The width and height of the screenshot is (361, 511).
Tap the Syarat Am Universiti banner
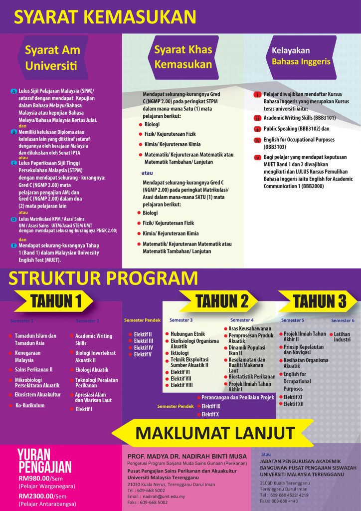tap(52, 57)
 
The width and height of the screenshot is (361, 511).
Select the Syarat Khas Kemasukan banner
tap(183, 57)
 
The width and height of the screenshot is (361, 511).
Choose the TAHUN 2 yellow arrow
tap(222, 301)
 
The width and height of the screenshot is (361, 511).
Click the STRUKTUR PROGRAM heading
tap(103, 278)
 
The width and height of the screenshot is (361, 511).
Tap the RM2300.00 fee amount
tap(37, 496)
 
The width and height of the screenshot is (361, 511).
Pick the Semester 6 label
tap(343, 320)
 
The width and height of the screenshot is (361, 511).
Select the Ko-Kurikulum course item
tap(30, 405)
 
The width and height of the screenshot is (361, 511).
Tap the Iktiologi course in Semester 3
tap(182, 353)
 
